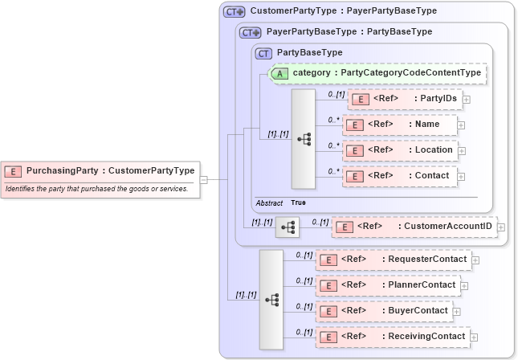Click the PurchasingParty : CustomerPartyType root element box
coord(100,170)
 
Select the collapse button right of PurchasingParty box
coord(204,179)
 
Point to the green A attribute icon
coord(279,73)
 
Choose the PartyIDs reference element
coord(405,99)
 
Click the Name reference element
coord(400,125)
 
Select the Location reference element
coord(400,150)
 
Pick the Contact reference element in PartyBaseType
coord(400,176)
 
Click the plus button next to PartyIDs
coord(466,99)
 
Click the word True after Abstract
coord(298,203)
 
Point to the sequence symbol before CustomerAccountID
coord(287,227)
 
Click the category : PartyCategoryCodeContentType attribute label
coord(386,73)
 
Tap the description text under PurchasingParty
coord(96,189)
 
